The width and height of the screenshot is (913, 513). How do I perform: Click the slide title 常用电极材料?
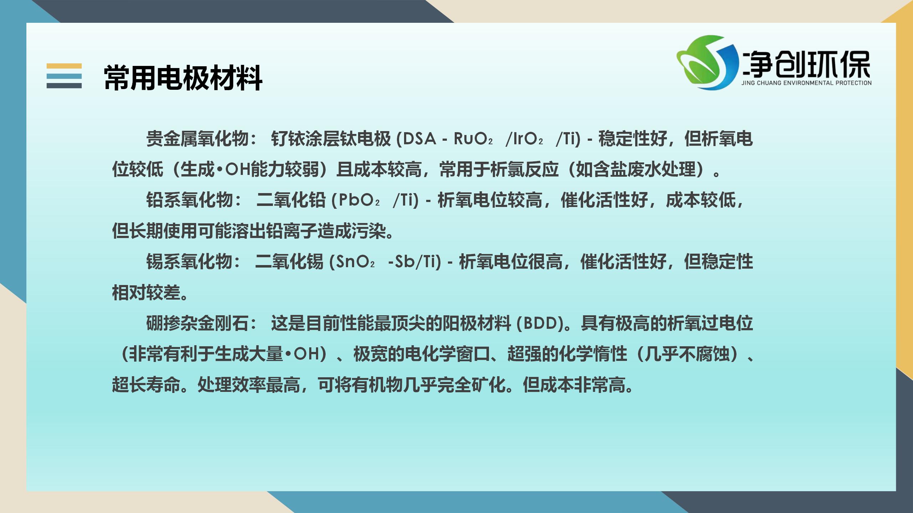tap(183, 78)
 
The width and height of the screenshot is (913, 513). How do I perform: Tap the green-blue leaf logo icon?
tap(708, 62)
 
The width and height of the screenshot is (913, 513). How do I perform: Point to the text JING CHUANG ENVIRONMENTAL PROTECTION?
tap(806, 83)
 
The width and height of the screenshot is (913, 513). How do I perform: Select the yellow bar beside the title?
tap(64, 66)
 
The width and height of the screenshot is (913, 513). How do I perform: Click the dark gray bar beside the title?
tap(64, 85)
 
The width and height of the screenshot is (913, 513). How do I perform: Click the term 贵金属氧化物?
tap(197, 139)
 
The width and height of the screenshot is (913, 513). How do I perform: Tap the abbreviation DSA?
tap(419, 139)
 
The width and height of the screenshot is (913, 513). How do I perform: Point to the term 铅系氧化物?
tap(189, 200)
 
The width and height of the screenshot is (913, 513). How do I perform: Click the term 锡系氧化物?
tap(189, 262)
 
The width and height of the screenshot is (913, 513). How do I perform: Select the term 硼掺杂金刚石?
tap(197, 323)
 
